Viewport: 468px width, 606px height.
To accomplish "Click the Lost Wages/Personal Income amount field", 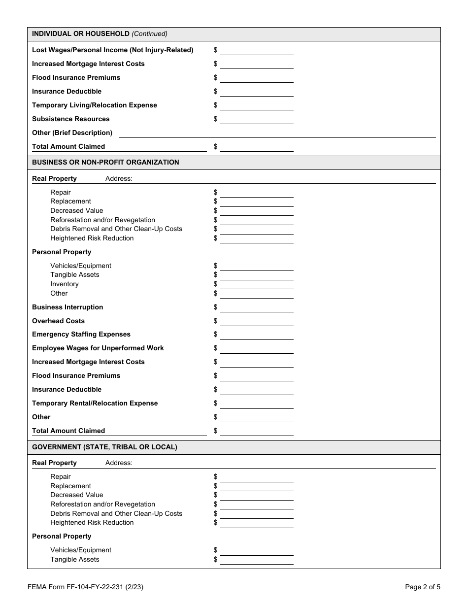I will [257, 50].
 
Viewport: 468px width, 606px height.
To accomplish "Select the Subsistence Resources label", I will [70, 119].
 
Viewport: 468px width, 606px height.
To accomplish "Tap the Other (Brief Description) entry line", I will [277, 133].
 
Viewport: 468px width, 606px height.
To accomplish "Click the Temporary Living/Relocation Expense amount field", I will [257, 105].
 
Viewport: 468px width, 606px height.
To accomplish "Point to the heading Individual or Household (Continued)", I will [100, 34].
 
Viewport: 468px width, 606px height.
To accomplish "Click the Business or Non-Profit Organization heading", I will [105, 162].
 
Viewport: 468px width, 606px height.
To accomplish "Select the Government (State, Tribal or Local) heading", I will [104, 447].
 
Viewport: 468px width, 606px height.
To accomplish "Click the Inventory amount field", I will [257, 284].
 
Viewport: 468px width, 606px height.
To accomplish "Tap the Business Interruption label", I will [67, 307].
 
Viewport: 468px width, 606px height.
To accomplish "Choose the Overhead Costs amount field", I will [257, 321].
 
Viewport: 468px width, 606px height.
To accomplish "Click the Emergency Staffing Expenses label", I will [81, 334].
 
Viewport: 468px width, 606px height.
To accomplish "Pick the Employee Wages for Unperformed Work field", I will [257, 348].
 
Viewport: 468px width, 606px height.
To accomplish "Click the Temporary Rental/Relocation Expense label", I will [95, 403].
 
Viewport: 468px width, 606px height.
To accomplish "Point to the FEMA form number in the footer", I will [86, 587].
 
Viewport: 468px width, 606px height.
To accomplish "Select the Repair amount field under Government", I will [257, 477].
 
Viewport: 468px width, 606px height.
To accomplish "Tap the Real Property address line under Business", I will [284, 179].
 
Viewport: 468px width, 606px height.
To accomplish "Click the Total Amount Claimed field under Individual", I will [257, 147].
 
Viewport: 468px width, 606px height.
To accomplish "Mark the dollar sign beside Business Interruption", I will [215, 307].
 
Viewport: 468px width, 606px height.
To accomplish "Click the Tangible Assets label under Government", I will [74, 559].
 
